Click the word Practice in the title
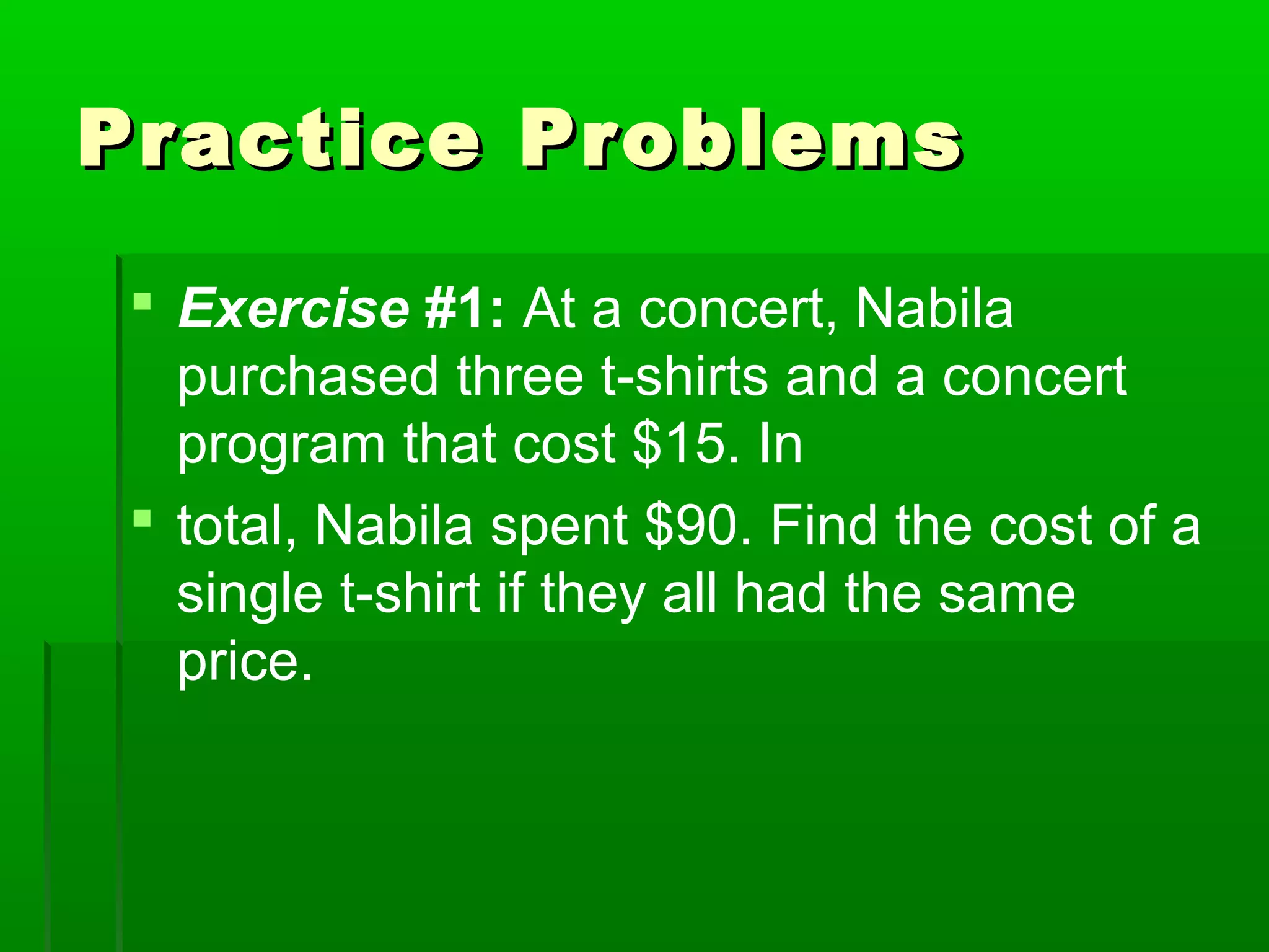[x=279, y=139]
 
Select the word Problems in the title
[x=741, y=139]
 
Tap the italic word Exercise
[x=294, y=309]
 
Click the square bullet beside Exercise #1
[x=143, y=302]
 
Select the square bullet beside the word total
[x=143, y=518]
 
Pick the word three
[x=520, y=377]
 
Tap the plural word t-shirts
[x=685, y=377]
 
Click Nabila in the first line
[x=934, y=309]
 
